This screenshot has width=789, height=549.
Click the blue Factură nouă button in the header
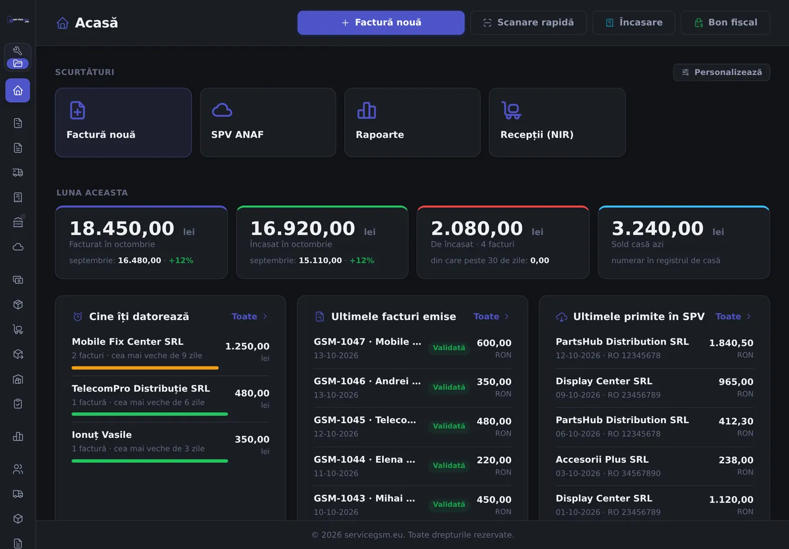381,23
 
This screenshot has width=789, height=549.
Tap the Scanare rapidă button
529,23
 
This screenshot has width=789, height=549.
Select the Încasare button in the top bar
633,23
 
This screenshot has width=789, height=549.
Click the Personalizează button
722,72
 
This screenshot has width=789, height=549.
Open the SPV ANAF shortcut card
268,122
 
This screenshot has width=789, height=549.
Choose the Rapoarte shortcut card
413,122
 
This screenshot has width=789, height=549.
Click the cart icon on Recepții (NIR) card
511,111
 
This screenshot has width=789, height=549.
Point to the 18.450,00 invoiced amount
122,228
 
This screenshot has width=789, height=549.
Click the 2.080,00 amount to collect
477,228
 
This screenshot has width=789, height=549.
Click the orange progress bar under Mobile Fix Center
145,368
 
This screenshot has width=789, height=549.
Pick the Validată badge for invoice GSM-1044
449,465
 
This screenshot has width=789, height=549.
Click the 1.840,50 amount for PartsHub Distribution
731,342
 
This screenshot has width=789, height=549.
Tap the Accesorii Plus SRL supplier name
602,459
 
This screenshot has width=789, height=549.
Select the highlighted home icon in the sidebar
17,91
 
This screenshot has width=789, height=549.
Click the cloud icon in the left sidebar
18,247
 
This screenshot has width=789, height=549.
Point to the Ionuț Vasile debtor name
102,435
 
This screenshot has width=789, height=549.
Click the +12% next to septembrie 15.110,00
362,261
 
